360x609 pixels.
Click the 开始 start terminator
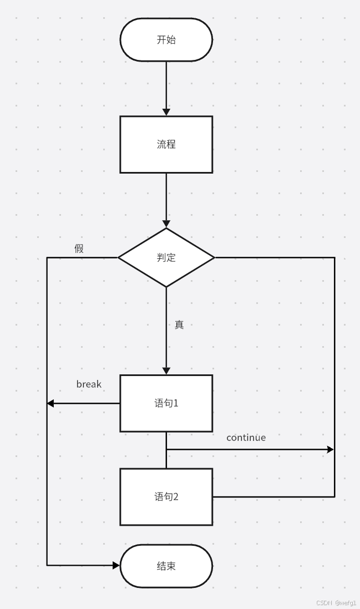(x=166, y=40)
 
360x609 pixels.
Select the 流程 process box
(x=166, y=144)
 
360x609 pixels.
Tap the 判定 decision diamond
(x=166, y=257)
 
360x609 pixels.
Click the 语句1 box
(x=166, y=403)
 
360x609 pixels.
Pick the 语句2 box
(x=166, y=496)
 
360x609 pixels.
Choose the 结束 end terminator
(x=166, y=566)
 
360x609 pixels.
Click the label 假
(x=79, y=248)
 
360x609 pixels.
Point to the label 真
(x=179, y=325)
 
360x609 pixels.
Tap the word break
(x=89, y=384)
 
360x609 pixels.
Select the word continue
(x=246, y=438)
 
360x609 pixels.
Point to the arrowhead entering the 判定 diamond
(x=166, y=224)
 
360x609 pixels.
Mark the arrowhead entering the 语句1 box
(x=166, y=371)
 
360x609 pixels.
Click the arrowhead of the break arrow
(x=50, y=403)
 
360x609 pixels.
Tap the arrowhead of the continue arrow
(x=331, y=450)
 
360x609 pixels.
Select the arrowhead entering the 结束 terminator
(x=116, y=566)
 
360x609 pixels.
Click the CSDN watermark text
(x=336, y=603)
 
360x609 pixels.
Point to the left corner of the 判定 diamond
(x=119, y=257)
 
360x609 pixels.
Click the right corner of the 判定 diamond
(x=214, y=257)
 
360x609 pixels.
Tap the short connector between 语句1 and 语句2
(x=166, y=459)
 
